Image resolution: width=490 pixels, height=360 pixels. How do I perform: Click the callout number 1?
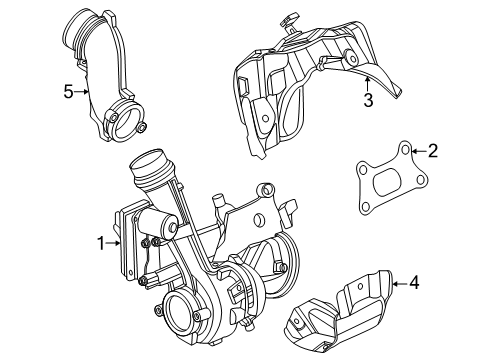pyautogui.click(x=99, y=241)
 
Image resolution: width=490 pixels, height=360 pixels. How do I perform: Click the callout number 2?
pyautogui.click(x=432, y=151)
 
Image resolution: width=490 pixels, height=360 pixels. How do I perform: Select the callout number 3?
pyautogui.click(x=368, y=100)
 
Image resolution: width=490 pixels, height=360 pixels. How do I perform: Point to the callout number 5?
pyautogui.click(x=68, y=92)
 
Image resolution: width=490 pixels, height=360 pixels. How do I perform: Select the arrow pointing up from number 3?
pyautogui.click(x=367, y=81)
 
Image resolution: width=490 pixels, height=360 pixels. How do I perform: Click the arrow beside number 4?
pyautogui.click(x=398, y=284)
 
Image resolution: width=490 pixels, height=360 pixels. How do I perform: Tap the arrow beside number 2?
pyautogui.click(x=416, y=152)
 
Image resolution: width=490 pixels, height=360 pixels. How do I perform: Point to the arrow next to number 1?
pyautogui.click(x=115, y=241)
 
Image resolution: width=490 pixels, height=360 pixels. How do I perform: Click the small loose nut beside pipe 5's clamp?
pyautogui.click(x=143, y=127)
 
